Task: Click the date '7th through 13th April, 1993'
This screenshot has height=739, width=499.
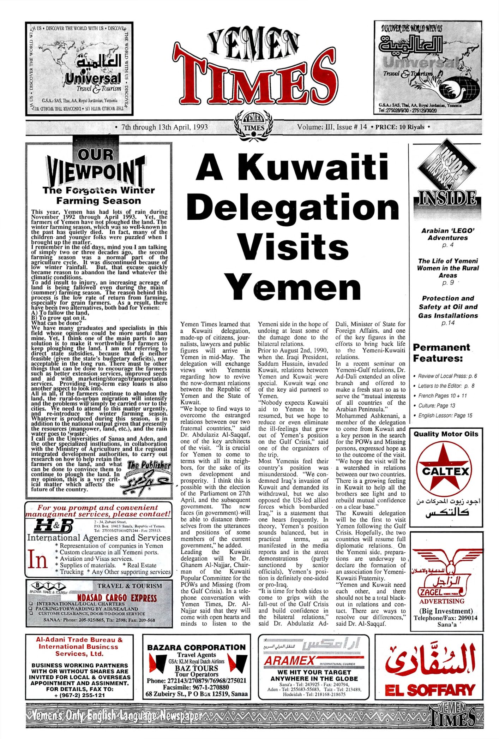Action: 164,127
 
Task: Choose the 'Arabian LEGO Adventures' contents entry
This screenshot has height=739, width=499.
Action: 447,234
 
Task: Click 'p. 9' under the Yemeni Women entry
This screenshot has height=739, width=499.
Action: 447,283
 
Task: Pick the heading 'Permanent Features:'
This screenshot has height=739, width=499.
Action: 441,352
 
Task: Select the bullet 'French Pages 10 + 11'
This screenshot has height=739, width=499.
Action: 442,396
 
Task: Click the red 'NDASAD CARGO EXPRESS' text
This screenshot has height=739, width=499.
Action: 117,598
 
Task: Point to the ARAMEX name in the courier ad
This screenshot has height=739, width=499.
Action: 289,661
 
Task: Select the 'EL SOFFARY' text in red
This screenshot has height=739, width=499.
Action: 429,690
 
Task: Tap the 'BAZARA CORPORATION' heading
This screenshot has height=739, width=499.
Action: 196,647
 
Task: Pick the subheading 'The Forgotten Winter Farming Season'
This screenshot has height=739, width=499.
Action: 98,196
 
